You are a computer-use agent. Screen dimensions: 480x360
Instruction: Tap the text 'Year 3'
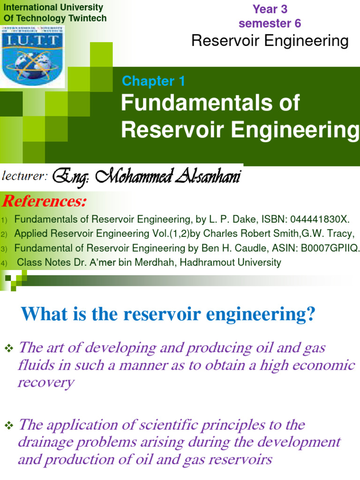[x=270, y=9]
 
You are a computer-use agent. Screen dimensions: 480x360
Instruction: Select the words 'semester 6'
[x=270, y=23]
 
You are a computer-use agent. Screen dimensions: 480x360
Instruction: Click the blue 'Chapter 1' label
[x=153, y=81]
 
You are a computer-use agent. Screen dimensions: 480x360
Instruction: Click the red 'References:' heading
[x=45, y=202]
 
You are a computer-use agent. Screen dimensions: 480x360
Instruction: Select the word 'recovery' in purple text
[x=45, y=382]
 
